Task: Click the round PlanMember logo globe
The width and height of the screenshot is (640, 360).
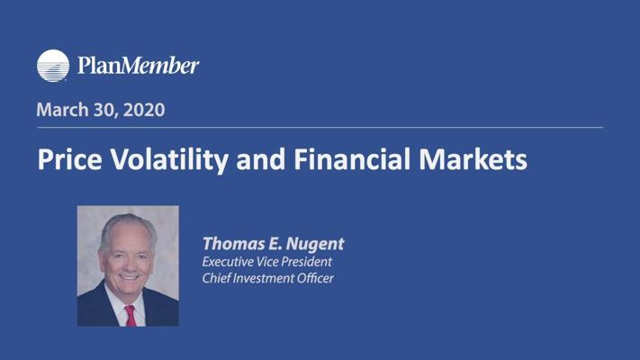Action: point(53,66)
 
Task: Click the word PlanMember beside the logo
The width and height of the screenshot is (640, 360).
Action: point(138,66)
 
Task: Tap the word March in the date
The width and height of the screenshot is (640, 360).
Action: point(62,110)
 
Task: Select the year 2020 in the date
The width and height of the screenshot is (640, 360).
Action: point(144,110)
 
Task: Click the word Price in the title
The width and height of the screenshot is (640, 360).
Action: point(69,158)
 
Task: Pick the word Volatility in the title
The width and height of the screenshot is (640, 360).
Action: point(169,159)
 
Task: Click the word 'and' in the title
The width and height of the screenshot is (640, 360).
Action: point(261,158)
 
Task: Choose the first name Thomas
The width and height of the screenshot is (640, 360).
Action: point(233,243)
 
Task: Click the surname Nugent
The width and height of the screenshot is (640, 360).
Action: point(315,244)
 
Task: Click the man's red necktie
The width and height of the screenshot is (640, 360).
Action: point(131,316)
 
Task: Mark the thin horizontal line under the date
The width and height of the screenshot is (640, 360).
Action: point(320,127)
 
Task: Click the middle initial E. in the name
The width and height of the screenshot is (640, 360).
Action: point(275,244)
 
